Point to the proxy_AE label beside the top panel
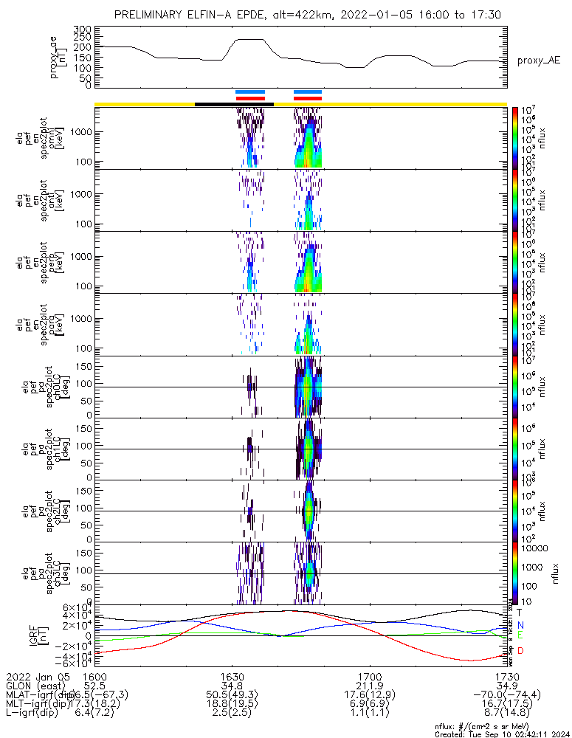click(538, 61)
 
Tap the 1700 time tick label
click(369, 675)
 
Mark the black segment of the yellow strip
click(234, 104)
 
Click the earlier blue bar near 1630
click(249, 92)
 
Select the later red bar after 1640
click(308, 97)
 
